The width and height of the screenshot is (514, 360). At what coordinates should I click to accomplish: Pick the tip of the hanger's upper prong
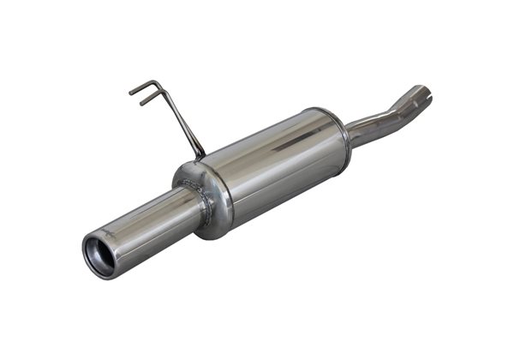pos(131,91)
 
